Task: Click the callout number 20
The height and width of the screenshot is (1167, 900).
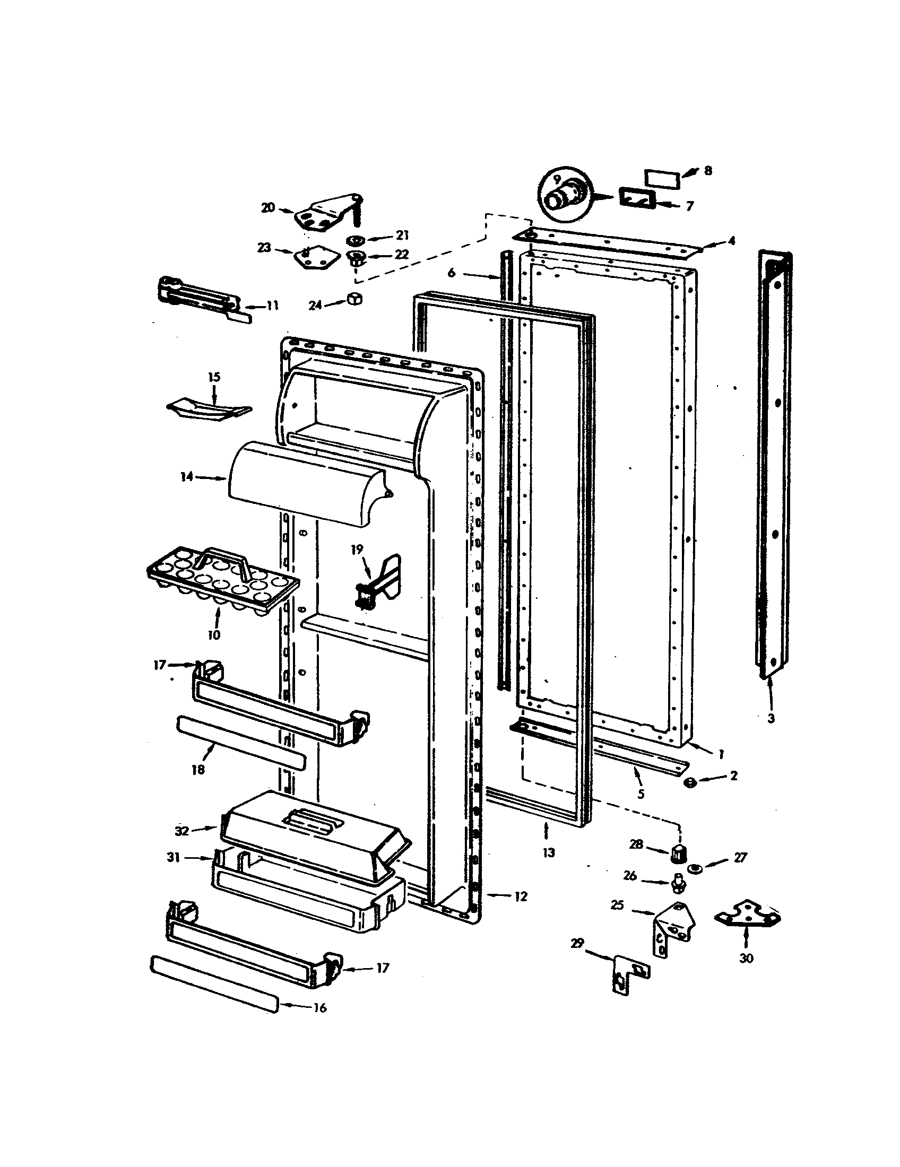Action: pyautogui.click(x=267, y=207)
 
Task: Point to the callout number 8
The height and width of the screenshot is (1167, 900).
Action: pyautogui.click(x=707, y=170)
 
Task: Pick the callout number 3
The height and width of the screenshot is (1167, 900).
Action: pyautogui.click(x=770, y=719)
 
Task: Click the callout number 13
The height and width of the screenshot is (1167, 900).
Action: pyautogui.click(x=549, y=852)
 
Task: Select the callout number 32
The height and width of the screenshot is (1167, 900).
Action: pyautogui.click(x=182, y=831)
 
